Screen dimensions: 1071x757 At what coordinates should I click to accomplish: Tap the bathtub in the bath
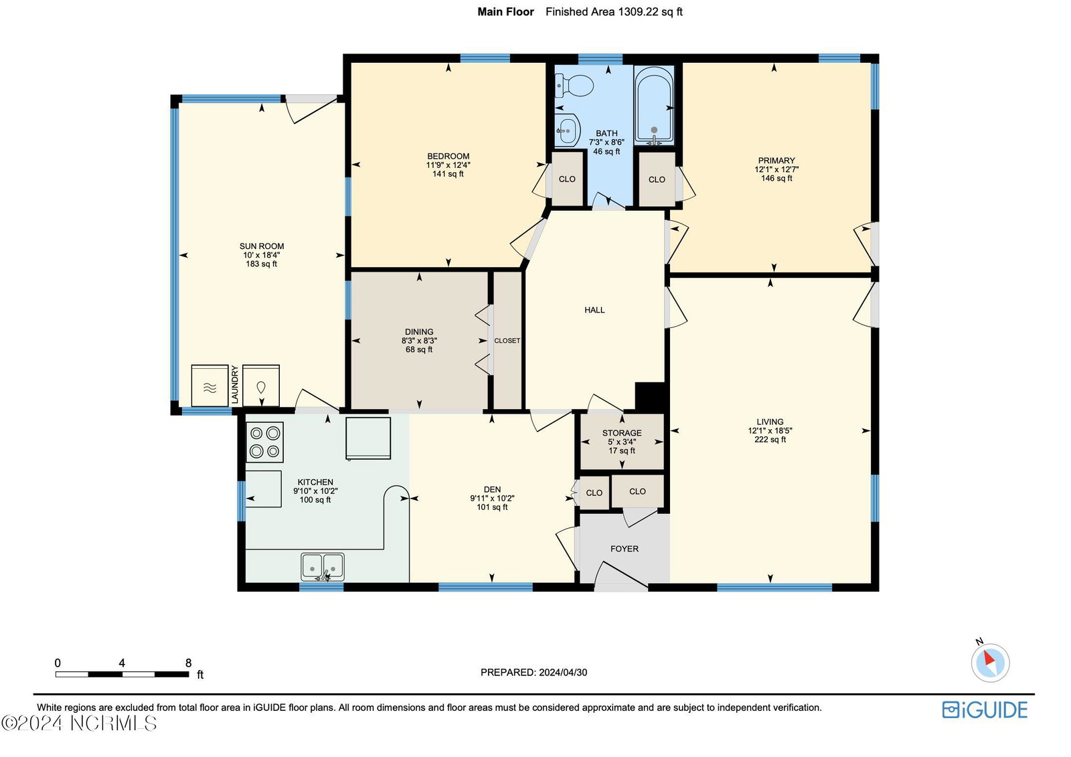pos(653,106)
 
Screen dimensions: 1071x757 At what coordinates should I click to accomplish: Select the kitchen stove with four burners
pos(264,442)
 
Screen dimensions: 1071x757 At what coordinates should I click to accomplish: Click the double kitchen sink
pos(322,567)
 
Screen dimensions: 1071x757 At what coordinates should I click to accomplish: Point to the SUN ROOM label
pos(262,246)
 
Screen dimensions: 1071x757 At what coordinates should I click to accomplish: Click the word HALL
pos(594,310)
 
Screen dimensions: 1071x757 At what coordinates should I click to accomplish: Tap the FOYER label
pos(625,548)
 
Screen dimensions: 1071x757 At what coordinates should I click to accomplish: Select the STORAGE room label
pos(622,433)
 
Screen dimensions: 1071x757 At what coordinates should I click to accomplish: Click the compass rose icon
pos(990,663)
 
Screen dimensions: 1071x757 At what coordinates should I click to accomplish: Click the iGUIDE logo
pos(985,710)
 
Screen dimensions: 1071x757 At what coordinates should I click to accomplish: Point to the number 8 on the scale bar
pos(188,663)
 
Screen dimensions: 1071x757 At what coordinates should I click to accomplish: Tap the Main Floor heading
pos(505,12)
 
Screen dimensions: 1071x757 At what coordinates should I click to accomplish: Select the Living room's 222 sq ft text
pos(770,440)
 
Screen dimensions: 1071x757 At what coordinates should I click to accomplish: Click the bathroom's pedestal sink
pos(568,129)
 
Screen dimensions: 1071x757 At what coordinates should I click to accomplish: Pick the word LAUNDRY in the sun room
pos(235,384)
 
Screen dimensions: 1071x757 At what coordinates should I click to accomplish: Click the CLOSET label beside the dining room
pos(507,341)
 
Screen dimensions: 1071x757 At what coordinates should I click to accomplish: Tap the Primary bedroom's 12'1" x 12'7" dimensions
pos(776,169)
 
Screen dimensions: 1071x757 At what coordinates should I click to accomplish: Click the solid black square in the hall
pos(650,396)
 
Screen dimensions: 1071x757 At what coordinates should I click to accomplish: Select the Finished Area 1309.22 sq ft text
pos(614,12)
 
